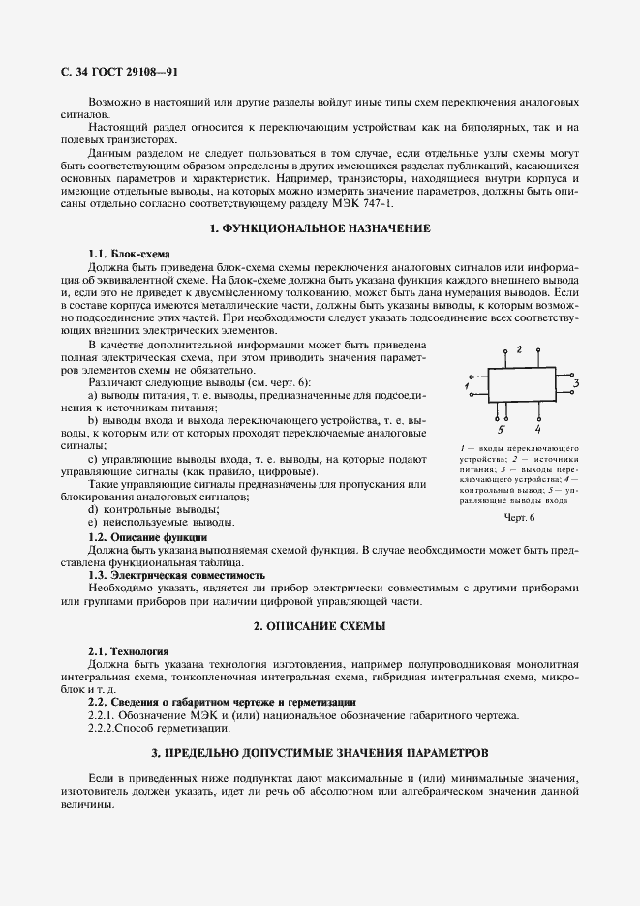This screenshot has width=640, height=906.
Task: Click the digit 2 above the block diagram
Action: pos(519,348)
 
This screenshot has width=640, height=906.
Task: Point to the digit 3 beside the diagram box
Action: pos(575,384)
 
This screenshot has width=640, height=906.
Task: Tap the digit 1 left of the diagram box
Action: pos(466,386)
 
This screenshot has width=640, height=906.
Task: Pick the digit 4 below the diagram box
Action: pos(537,427)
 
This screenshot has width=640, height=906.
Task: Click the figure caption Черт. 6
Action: pos(519,518)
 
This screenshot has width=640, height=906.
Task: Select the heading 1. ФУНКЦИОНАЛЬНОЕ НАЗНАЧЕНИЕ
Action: pos(320,227)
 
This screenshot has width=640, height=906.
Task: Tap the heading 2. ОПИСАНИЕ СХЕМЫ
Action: pos(320,627)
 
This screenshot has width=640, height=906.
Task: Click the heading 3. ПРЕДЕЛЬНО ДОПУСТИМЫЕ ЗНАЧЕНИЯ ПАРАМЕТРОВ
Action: pos(320,752)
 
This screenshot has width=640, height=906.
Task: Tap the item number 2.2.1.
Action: pos(105,715)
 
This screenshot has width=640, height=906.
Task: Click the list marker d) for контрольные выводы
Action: pos(93,509)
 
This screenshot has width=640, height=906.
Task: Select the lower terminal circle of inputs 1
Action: pos(472,394)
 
